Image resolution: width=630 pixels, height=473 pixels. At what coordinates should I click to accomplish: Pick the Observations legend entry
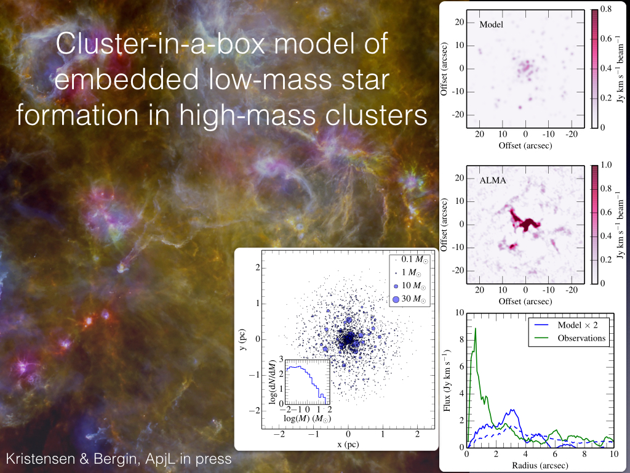581,338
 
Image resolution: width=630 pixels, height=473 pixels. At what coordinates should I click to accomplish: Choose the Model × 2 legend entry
581,325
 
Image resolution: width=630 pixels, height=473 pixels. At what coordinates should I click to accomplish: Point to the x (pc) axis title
348,444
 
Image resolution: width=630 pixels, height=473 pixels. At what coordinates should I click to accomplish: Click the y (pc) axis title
245,339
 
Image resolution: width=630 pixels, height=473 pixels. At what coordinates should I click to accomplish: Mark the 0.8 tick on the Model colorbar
606,10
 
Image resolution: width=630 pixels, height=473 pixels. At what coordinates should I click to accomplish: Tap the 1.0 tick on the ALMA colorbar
606,166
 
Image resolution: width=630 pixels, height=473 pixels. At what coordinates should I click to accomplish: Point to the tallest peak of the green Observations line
476,328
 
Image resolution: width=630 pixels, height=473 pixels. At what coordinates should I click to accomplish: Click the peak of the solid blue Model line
512,410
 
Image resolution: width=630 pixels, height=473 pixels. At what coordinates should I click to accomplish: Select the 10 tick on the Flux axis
458,313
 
